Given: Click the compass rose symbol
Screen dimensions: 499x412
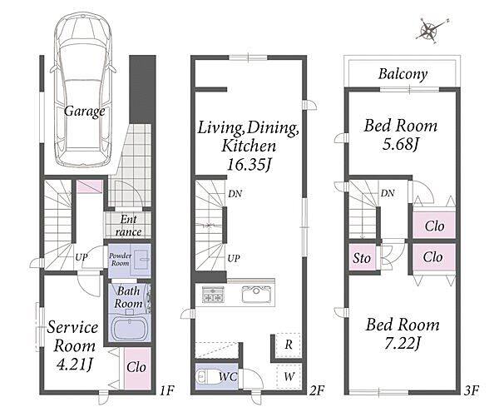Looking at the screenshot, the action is tap(429, 30).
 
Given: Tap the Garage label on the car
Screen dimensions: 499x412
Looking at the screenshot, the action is tap(84, 112).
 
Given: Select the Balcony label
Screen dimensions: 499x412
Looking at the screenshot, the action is tap(403, 74).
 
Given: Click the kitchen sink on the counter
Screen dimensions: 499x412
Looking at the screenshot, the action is tap(256, 295).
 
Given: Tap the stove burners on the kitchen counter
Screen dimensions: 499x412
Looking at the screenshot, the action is tap(213, 294).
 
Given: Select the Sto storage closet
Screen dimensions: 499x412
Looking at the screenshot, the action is tap(362, 258).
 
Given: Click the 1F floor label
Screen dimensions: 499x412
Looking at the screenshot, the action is tap(167, 390).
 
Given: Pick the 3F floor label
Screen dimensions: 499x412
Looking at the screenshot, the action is tap(472, 390).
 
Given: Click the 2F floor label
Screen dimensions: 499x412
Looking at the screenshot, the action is tap(317, 390).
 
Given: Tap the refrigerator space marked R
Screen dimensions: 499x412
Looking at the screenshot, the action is tap(289, 345).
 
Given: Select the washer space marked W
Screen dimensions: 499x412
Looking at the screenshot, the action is tap(289, 377).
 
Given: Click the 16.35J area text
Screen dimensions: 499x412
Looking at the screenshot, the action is tap(249, 165).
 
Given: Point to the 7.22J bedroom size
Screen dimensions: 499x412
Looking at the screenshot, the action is tap(403, 343).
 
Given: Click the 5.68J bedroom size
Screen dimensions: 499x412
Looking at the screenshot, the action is tap(400, 144).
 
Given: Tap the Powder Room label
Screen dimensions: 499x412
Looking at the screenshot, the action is tap(120, 260).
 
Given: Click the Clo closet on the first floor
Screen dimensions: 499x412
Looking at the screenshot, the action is tap(137, 368).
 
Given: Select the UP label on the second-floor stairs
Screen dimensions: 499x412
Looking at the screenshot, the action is tap(234, 258).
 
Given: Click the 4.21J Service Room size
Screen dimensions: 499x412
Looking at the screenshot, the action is tap(75, 365).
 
